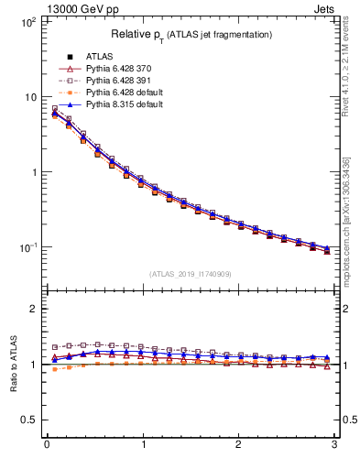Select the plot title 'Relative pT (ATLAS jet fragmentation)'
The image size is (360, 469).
click(x=191, y=35)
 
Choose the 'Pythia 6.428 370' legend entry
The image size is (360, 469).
click(x=117, y=69)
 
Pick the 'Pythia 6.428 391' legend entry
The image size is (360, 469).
click(x=117, y=81)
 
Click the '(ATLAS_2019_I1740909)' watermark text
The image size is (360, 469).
click(x=191, y=275)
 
